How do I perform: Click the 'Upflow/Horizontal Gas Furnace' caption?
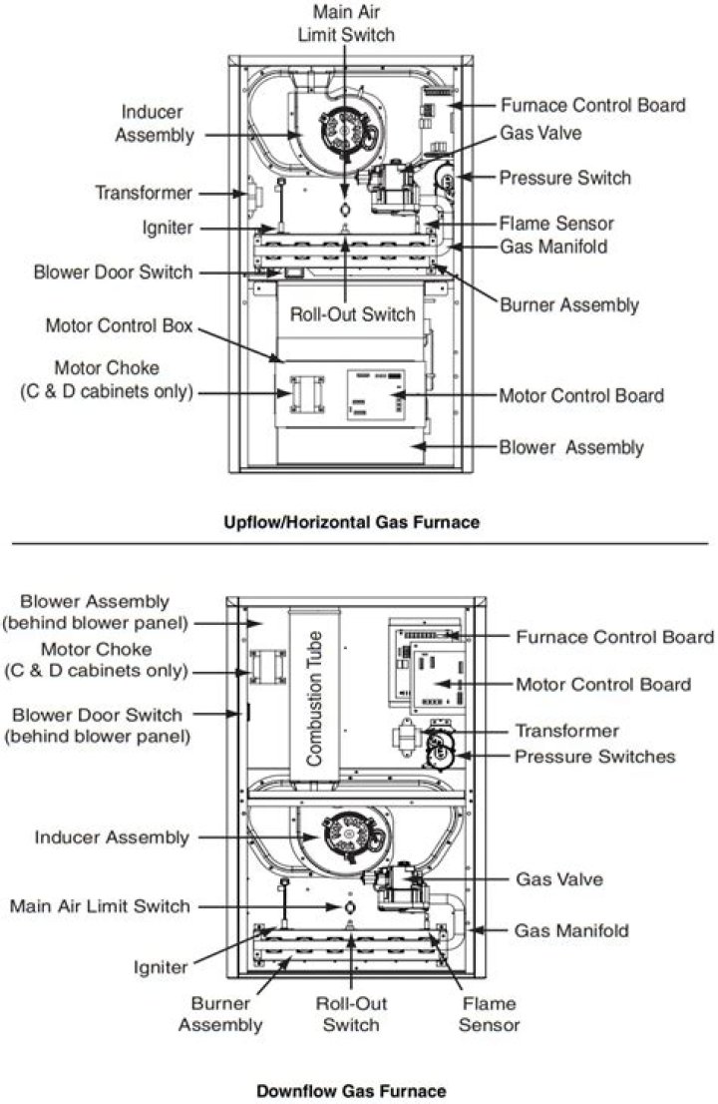coord(352,522)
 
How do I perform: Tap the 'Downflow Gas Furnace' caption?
coord(352,1091)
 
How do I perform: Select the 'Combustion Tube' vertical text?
coord(314,699)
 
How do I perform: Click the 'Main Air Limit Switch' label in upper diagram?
coord(346,23)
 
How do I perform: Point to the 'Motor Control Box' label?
coord(119,325)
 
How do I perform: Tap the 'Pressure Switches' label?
coord(595,757)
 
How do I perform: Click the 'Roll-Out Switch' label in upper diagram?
coord(353,314)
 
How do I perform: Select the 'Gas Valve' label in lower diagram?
coord(559,878)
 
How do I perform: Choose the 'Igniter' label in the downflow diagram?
coord(161,967)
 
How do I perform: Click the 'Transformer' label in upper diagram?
coord(144,193)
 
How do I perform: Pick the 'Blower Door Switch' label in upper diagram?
coord(114,272)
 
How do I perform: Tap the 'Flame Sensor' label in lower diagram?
coord(489,1014)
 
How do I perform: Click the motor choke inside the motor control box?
coord(307,394)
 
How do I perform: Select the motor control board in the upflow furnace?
coord(376,394)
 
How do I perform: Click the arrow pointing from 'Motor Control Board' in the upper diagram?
coord(447,395)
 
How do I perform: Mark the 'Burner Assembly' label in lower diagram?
coord(220,1014)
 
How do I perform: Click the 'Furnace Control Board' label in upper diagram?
coord(592,105)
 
